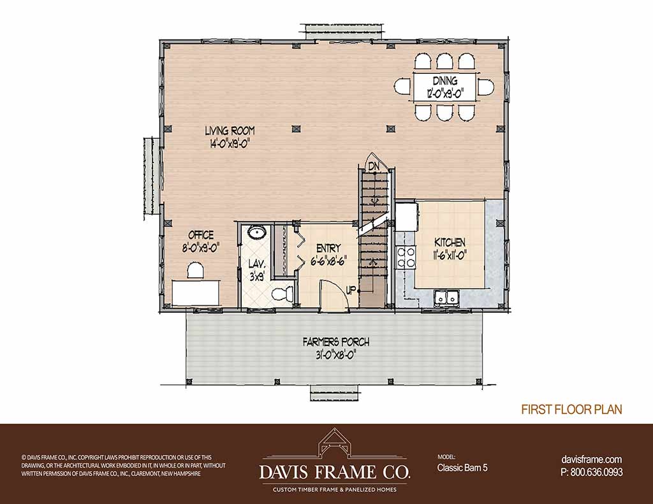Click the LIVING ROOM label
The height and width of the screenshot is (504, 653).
coord(230,130)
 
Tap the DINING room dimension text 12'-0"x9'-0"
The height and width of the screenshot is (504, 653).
coord(444,92)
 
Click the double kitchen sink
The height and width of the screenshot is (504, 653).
coord(445,298)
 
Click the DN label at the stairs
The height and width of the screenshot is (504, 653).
coord(374,166)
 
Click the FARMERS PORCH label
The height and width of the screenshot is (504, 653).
coord(335,342)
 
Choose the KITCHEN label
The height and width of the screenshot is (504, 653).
coord(450,242)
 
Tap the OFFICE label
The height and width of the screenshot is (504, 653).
coord(201,235)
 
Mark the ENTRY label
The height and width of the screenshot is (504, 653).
coord(328,248)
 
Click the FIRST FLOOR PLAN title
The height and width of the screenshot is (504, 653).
coord(572,410)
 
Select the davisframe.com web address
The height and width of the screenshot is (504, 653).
coord(592,459)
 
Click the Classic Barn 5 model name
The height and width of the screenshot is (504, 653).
coord(462,468)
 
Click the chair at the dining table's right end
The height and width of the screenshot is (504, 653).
coord(485,87)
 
